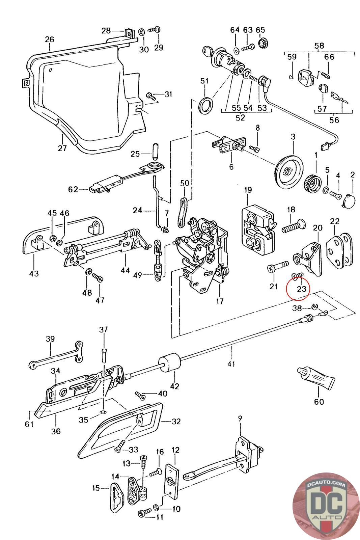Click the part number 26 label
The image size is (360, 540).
click(x=49, y=39)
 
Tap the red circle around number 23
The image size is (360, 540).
click(x=297, y=287)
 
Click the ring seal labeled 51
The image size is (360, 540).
click(x=206, y=105)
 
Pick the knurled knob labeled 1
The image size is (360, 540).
click(x=312, y=183)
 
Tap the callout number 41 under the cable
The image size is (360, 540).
click(x=231, y=364)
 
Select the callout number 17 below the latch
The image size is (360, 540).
click(x=220, y=301)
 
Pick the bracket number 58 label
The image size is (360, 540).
click(x=319, y=46)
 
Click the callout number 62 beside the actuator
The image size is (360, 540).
click(x=73, y=189)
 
